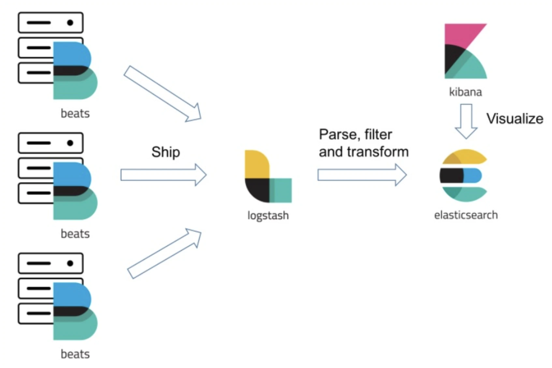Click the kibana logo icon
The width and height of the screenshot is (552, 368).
point(465,51)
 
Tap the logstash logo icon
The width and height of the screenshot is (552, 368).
point(268,176)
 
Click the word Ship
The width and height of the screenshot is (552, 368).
point(166,152)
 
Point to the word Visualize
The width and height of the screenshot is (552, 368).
point(515,118)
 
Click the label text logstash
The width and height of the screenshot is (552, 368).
point(268,215)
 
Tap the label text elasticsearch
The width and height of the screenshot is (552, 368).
point(466,215)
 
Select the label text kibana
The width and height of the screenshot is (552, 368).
point(465,92)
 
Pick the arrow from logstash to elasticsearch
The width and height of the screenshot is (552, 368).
point(362,175)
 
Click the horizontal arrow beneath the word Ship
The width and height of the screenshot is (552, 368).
point(163,175)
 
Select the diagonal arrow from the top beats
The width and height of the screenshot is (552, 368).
point(162,94)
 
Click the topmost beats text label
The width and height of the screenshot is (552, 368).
point(75,114)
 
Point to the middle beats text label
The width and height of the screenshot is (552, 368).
point(75,234)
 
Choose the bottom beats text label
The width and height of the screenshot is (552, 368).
point(75,354)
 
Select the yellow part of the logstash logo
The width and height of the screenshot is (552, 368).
point(256,164)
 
